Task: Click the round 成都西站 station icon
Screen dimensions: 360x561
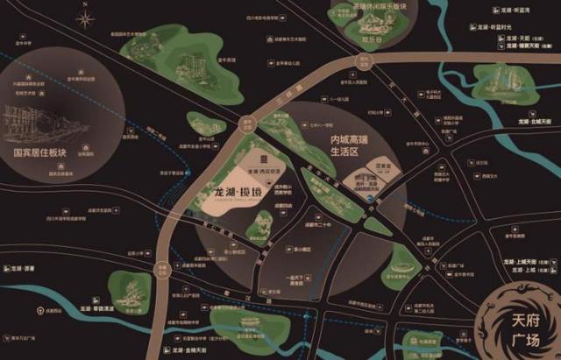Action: [x=38, y=310]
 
